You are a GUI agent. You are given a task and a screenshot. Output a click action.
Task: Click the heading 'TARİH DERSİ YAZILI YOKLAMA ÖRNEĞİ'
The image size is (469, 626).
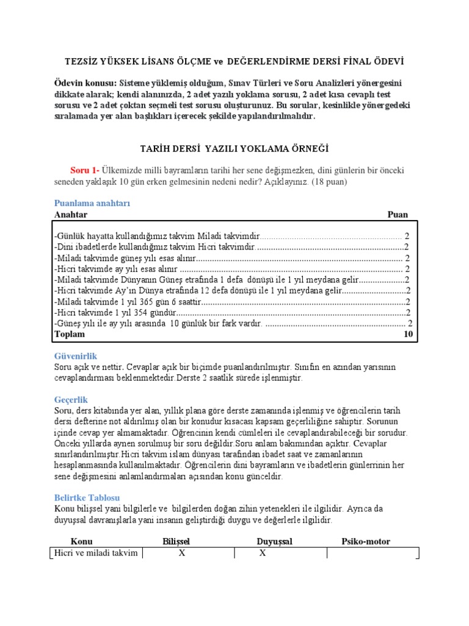pos(234,149)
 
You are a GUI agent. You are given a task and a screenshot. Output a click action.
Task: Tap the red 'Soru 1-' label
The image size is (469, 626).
pos(85,170)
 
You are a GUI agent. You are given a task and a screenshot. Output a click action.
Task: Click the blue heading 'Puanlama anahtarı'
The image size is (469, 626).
pos(92,203)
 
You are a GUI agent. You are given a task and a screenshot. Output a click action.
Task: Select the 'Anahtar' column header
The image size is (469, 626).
pos(71,215)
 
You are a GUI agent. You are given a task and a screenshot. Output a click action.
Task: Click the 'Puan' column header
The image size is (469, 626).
pos(398,215)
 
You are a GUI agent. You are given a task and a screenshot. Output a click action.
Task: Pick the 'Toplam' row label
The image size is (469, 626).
pos(70,334)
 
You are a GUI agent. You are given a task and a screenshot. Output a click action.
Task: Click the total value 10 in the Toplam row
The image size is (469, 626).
pos(409,334)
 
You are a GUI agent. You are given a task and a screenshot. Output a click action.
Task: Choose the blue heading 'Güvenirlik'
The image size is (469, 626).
pos(76,356)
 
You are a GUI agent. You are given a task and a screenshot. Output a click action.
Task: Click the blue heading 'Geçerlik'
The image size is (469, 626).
pos(72,399)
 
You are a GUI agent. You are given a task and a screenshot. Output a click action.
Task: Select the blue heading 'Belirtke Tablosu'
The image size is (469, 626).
pos(87,498)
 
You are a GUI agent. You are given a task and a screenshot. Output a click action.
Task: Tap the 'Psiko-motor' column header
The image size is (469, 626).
pos(365,542)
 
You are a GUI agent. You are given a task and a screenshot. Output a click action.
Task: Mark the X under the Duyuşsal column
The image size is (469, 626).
pos(262,553)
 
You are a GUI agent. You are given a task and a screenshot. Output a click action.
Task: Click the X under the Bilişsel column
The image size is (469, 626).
pos(181,553)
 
